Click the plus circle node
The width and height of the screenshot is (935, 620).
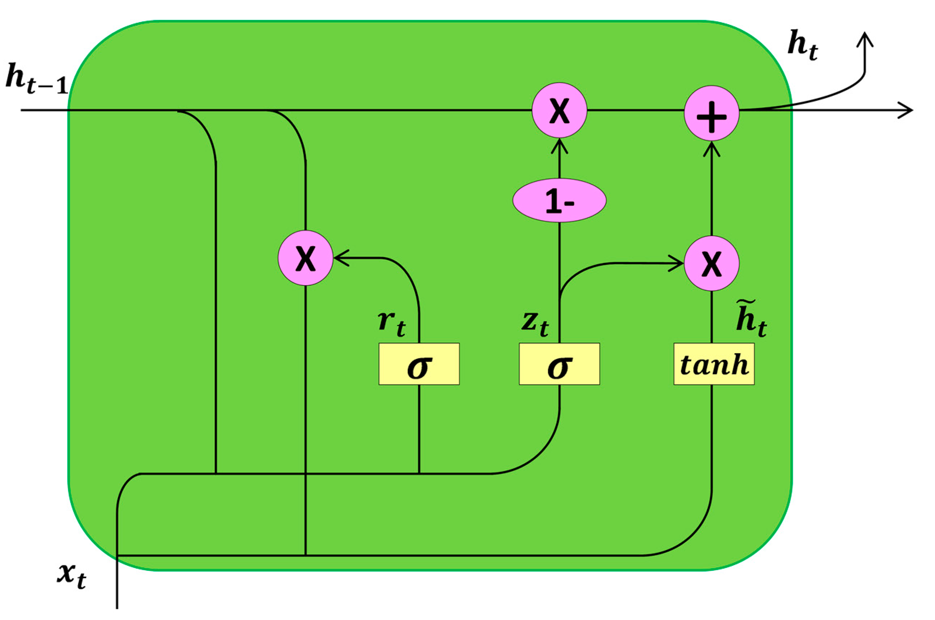[711, 113]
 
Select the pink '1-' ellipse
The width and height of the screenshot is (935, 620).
[559, 200]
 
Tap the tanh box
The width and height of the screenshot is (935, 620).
[714, 364]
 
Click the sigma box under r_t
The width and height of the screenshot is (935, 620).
[419, 364]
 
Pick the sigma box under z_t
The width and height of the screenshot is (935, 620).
[559, 364]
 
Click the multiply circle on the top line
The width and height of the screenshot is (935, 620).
[559, 110]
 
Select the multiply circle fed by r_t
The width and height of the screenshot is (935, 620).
[305, 258]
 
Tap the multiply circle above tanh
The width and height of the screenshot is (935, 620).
[711, 263]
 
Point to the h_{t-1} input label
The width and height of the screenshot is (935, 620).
[37, 80]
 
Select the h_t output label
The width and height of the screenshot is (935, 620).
[802, 47]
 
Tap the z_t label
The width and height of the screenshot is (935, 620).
[535, 324]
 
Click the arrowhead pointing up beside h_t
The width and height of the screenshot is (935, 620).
[865, 40]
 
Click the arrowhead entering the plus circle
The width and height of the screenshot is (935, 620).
[711, 149]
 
